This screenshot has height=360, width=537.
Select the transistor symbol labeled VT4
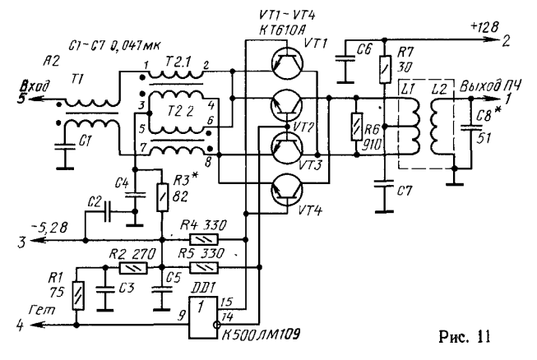click(x=285, y=190)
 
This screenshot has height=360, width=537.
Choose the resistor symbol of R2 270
click(x=132, y=268)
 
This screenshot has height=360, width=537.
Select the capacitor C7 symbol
click(x=382, y=191)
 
